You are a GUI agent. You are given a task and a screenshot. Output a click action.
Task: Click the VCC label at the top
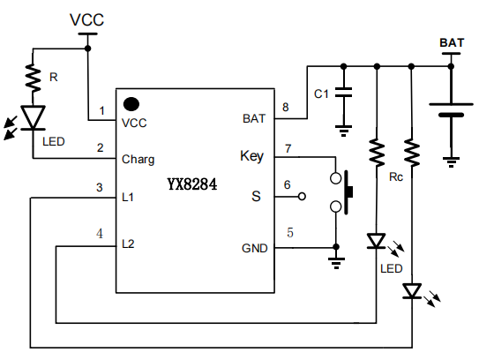(x=86, y=19)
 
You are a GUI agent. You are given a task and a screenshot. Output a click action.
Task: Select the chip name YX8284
(x=192, y=185)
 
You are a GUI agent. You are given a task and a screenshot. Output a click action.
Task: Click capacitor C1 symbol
(x=343, y=92)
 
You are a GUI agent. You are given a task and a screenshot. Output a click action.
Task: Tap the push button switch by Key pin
(x=342, y=192)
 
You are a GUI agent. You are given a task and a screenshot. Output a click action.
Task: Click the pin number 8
(x=285, y=108)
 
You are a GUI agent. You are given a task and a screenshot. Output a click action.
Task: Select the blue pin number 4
(x=100, y=234)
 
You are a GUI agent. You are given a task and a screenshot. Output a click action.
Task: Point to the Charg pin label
(x=138, y=160)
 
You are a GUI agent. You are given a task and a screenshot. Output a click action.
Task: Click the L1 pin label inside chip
(x=129, y=197)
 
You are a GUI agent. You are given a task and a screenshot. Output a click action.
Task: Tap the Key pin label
(x=251, y=156)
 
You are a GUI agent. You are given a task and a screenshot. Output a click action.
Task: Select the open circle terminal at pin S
(x=301, y=196)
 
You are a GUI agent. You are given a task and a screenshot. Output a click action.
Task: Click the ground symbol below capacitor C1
(x=343, y=131)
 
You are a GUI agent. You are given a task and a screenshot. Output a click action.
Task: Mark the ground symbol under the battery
(x=451, y=161)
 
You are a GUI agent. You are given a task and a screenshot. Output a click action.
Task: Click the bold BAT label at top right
(x=452, y=41)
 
